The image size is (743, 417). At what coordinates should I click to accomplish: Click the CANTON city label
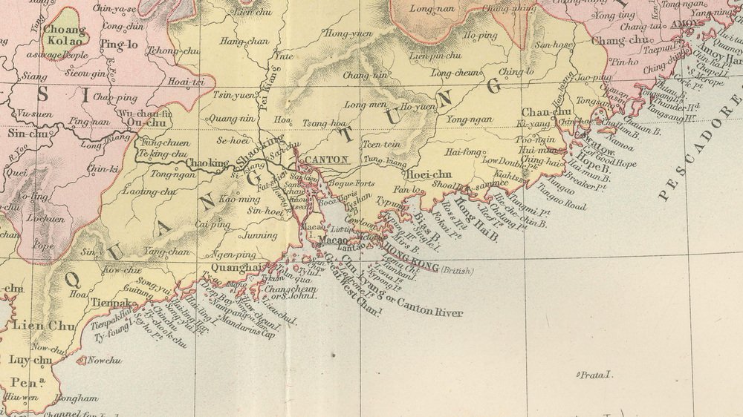[326, 159]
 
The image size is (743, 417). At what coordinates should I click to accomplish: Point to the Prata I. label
[597, 376]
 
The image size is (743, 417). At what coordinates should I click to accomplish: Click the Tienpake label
[112, 303]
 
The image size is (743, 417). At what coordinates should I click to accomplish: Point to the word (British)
[455, 271]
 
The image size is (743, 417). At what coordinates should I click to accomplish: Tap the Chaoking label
[207, 163]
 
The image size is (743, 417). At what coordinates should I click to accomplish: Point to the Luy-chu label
[30, 361]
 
